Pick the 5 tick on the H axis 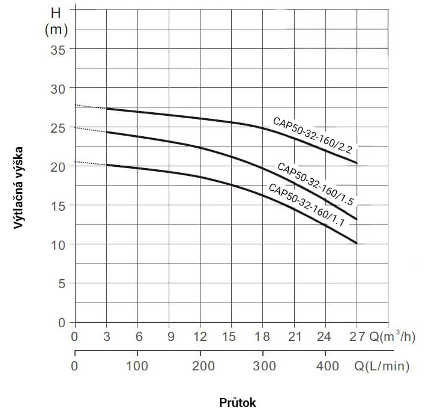(60, 283)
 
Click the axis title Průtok (238, 402)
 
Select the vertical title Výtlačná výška (19, 187)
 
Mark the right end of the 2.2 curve (357, 163)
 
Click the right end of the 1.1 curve (357, 243)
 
